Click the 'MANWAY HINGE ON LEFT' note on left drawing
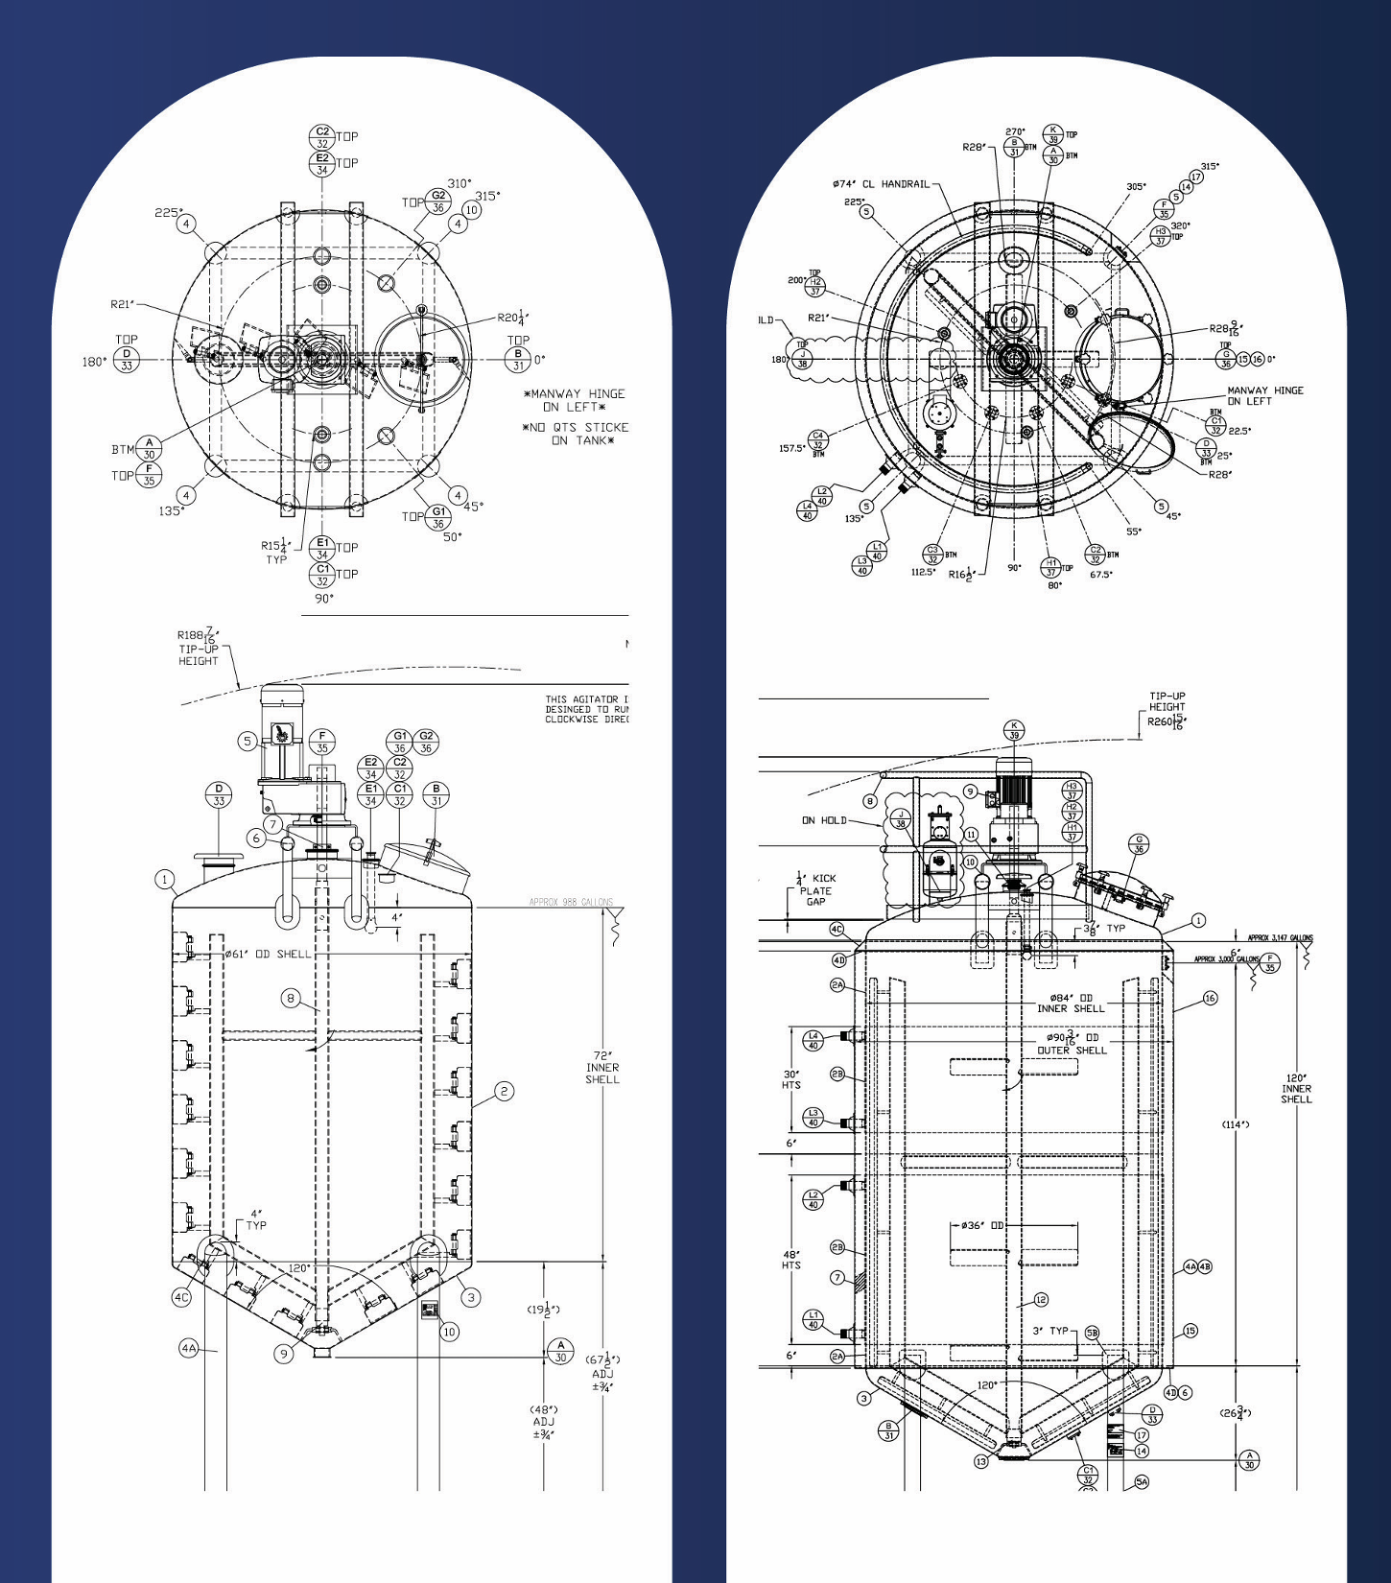(574, 400)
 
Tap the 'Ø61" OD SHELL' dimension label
(268, 954)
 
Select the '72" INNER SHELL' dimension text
(602, 1067)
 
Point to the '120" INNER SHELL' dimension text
(1296, 1088)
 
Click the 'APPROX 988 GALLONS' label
(571, 902)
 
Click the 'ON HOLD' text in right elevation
(824, 820)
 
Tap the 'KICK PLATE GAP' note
(816, 889)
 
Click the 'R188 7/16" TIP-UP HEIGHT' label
(199, 647)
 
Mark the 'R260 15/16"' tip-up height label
(1167, 721)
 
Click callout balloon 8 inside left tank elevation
(291, 998)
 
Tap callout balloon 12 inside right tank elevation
(1041, 1300)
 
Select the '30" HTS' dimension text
(791, 1079)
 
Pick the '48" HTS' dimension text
(791, 1259)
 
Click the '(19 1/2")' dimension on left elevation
(543, 1310)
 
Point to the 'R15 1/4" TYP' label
(276, 552)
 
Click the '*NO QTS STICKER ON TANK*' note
(576, 434)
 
